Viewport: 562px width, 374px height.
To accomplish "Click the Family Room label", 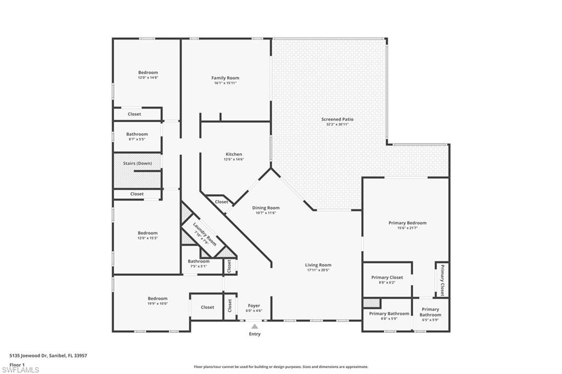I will tap(225, 78).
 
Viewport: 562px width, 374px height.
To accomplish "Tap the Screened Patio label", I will tap(337, 119).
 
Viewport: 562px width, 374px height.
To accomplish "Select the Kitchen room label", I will tap(234, 154).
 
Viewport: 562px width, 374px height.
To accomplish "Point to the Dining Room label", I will tap(266, 208).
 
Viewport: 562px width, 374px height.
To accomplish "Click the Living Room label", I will tap(318, 265).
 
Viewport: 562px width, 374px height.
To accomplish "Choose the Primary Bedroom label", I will tap(407, 223).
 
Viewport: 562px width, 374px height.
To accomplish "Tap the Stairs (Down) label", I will tap(137, 163).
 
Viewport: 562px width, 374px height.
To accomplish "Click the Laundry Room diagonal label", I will tap(205, 234).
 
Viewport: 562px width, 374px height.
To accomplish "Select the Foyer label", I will tap(254, 305).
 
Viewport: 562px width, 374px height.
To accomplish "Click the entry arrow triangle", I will tap(255, 326).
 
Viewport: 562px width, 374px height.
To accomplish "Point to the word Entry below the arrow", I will tap(255, 334).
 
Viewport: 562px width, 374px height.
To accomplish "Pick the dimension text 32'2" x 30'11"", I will tap(337, 124).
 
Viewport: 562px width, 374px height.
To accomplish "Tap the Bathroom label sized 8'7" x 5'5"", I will tap(137, 134).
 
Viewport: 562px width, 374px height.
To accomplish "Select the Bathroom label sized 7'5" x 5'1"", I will tap(198, 262).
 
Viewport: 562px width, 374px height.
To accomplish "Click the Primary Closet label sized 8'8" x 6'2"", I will tap(387, 277).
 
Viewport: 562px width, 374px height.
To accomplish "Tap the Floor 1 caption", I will tap(17, 364).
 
